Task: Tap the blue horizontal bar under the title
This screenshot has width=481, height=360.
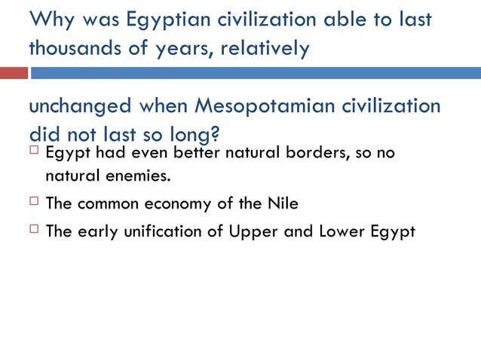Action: coord(255,73)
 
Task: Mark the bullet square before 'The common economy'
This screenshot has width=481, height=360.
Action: coord(34,203)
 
